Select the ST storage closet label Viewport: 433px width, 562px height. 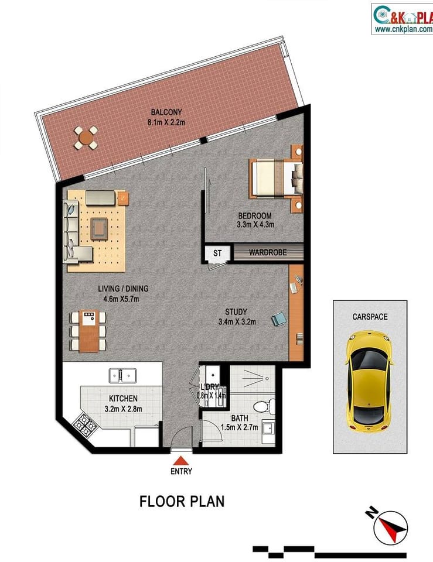pyautogui.click(x=217, y=253)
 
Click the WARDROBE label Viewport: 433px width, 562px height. pyautogui.click(x=267, y=253)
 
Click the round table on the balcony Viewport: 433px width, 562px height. pyautogui.click(x=86, y=138)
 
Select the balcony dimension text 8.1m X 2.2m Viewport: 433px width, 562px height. pyautogui.click(x=166, y=122)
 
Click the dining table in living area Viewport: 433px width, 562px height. pyautogui.click(x=88, y=331)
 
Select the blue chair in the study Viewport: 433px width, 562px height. pyautogui.click(x=279, y=319)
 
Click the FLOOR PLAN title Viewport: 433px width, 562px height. pyautogui.click(x=182, y=502)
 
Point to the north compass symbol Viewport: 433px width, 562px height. pyautogui.click(x=390, y=525)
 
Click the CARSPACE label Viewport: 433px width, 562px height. pyautogui.click(x=370, y=317)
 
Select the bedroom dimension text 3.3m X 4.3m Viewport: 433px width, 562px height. pyautogui.click(x=255, y=224)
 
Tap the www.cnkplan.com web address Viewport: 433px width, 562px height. pyautogui.click(x=403, y=29)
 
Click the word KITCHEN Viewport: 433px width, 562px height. pyautogui.click(x=122, y=399)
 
